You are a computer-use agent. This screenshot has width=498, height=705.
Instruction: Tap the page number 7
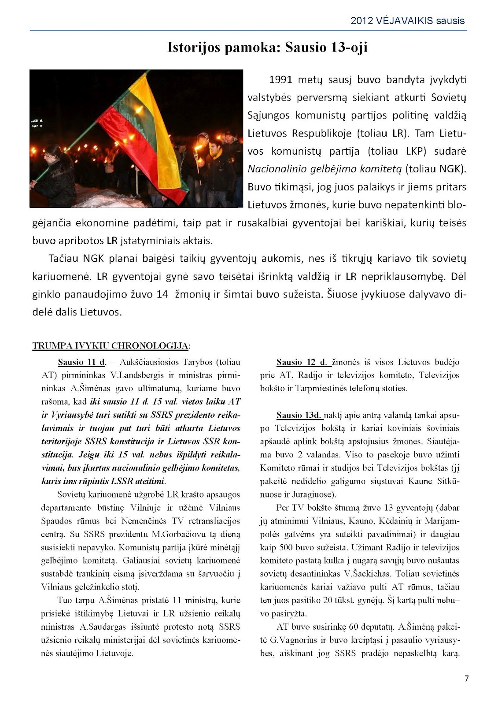point(467,679)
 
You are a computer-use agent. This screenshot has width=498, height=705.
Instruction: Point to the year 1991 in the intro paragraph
point(280,80)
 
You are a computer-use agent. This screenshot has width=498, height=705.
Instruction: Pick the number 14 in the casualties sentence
point(162,294)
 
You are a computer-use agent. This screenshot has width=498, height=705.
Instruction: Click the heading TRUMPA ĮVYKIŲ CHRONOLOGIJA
point(111,345)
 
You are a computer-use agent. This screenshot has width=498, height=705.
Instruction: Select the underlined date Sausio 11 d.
point(82,362)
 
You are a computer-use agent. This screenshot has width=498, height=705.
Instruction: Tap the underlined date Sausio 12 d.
point(302,362)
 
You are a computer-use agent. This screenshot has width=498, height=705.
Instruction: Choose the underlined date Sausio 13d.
point(299,415)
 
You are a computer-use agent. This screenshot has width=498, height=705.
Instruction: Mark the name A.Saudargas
point(100,627)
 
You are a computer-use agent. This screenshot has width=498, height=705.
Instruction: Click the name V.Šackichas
point(366,574)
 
